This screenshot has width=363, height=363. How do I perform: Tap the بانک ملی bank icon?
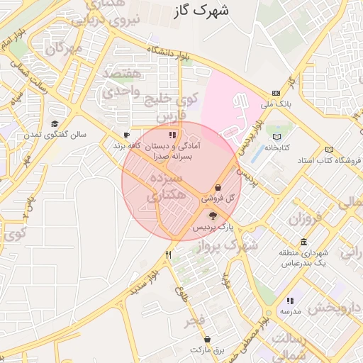pyautogui.click(x=276, y=93)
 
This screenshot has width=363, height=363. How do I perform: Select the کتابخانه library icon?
pyautogui.click(x=277, y=137)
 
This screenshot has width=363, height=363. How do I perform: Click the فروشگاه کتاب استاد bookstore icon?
pyautogui.click(x=328, y=149)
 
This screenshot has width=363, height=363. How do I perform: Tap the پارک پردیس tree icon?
pyautogui.click(x=213, y=215)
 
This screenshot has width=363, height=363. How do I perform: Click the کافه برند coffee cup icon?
pyautogui.click(x=126, y=134)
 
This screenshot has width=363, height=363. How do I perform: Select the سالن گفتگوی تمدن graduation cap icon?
pyautogui.click(x=54, y=124)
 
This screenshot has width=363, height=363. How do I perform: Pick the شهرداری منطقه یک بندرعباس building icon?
pyautogui.click(x=303, y=242)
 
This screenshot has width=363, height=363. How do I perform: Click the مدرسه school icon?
pyautogui.click(x=290, y=301)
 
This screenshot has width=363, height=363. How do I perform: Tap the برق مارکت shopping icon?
pyautogui.click(x=207, y=339)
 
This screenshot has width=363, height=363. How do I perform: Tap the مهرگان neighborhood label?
pyautogui.click(x=64, y=49)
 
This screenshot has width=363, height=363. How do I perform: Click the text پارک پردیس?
pyautogui.click(x=214, y=227)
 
